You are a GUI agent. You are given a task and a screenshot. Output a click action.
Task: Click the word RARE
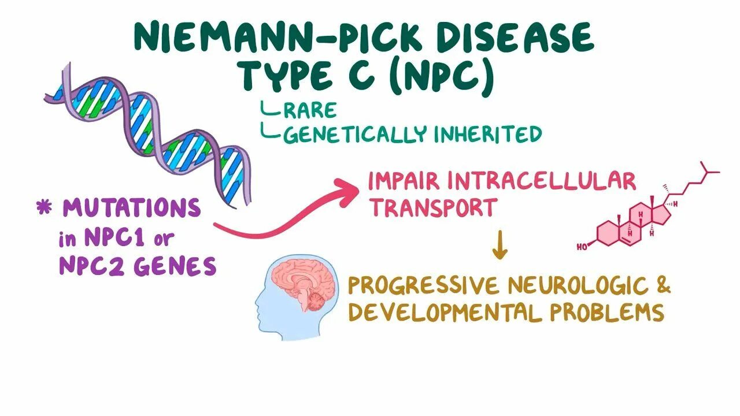click(x=310, y=110)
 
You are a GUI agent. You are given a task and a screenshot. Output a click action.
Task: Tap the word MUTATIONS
click(x=132, y=209)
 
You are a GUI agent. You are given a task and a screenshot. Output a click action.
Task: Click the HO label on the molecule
click(x=583, y=247)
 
